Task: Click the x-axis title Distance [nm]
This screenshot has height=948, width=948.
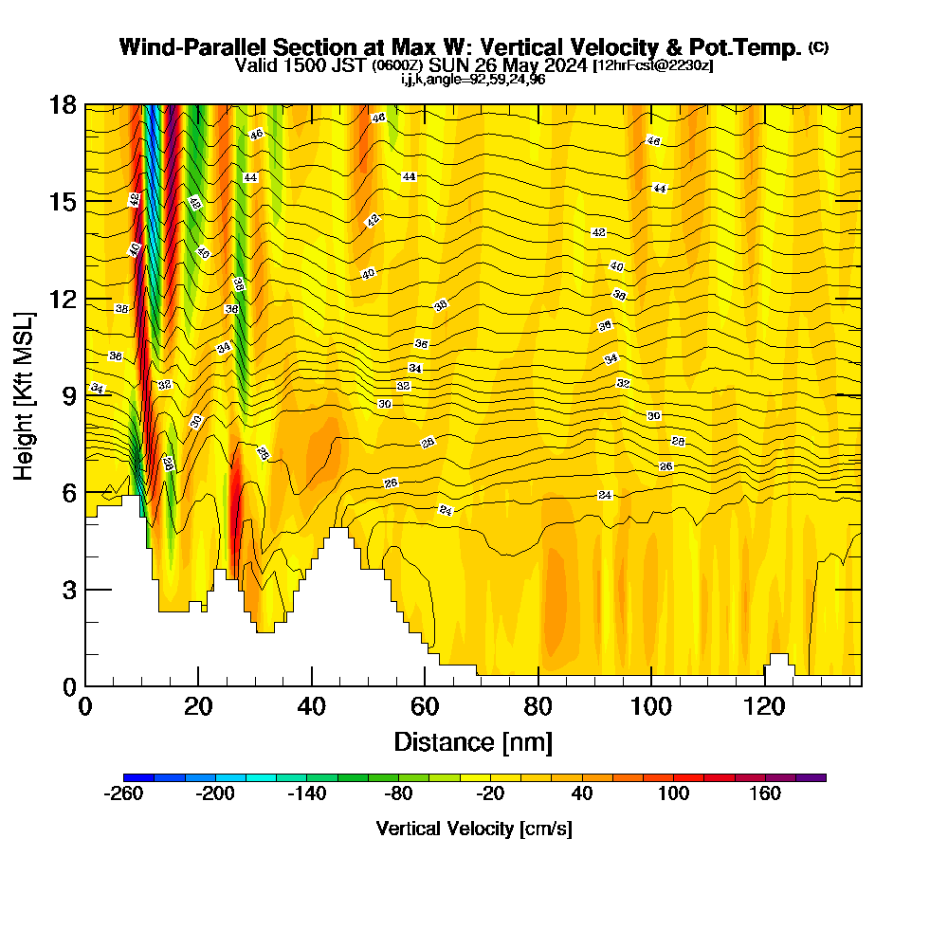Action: [x=473, y=741]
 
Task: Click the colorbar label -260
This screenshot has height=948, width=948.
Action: [x=123, y=793]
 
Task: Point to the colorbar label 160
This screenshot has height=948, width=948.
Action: [x=765, y=793]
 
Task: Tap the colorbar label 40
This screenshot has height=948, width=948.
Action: [x=582, y=793]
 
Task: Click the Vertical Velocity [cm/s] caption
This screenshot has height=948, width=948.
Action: [x=474, y=829]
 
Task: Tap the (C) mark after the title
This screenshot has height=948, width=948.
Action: [x=818, y=47]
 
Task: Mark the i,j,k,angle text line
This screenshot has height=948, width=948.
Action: [x=473, y=80]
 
